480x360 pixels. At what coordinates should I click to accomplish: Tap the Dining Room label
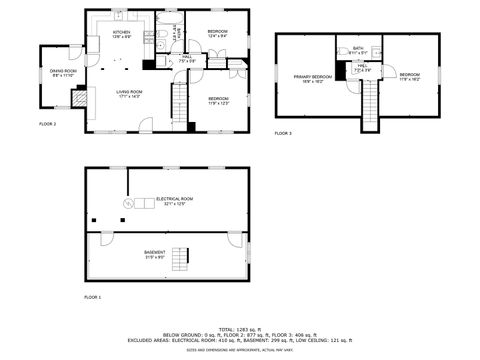(63, 73)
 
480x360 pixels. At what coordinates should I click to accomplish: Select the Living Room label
(127, 93)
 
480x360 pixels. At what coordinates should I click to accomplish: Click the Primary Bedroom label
(312, 78)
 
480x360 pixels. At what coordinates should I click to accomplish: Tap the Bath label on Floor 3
(358, 51)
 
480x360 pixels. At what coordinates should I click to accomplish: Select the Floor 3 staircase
(371, 103)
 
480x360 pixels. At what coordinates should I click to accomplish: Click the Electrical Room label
(174, 201)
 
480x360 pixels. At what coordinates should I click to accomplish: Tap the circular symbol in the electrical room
(127, 204)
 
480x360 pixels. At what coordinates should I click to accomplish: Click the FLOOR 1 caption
(93, 298)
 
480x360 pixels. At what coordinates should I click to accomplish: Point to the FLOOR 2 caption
(47, 123)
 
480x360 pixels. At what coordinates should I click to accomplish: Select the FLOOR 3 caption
(283, 133)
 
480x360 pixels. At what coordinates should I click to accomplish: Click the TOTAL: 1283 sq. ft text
(240, 328)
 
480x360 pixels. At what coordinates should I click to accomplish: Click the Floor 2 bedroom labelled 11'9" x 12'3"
(219, 100)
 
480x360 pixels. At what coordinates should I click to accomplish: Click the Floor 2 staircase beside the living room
(180, 104)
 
